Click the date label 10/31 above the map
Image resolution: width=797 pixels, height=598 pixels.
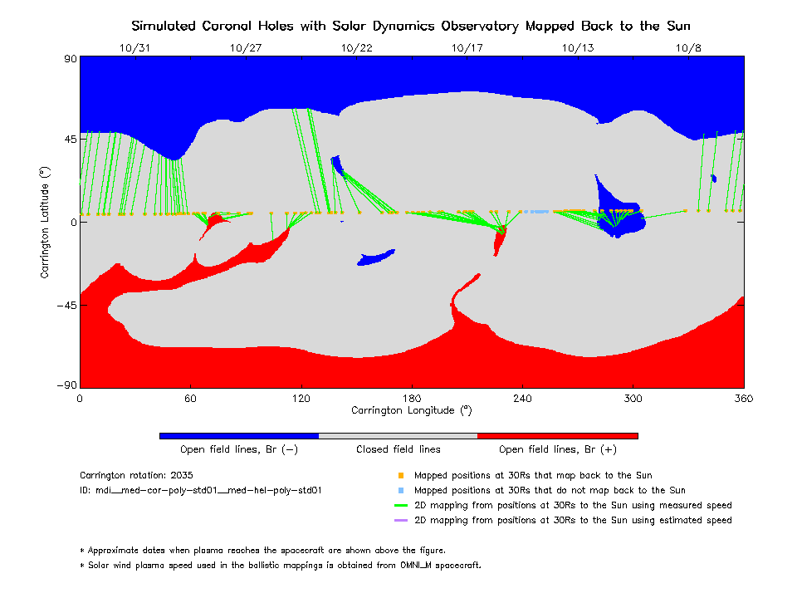[134, 47]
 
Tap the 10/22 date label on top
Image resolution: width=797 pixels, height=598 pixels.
[356, 47]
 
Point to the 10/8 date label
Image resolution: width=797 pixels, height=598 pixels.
[688, 47]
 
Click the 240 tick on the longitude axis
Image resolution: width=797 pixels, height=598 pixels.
[522, 398]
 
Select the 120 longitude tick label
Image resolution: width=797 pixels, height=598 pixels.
[301, 398]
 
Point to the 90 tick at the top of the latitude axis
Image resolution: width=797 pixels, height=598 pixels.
[71, 59]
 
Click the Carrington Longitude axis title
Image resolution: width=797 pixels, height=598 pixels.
[411, 410]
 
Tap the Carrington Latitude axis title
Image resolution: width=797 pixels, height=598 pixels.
[46, 222]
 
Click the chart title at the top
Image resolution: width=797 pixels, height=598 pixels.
[410, 26]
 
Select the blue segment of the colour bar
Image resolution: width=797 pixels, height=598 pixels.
[239, 435]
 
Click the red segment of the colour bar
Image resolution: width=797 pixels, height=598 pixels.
[557, 435]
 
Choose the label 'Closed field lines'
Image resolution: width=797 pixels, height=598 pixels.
[398, 449]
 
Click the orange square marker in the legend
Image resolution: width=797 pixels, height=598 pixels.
[400, 476]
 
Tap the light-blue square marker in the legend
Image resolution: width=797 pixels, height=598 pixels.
[400, 491]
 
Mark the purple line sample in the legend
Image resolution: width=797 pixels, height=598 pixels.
[400, 521]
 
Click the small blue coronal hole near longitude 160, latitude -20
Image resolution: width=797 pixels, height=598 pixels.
[376, 258]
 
